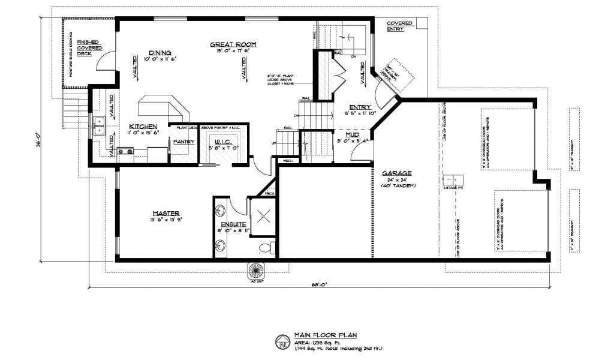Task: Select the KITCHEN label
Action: click(143, 127)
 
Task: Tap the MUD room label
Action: click(353, 135)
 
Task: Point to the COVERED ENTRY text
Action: click(399, 26)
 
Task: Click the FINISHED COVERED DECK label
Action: click(89, 48)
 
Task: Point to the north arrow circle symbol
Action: click(282, 343)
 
